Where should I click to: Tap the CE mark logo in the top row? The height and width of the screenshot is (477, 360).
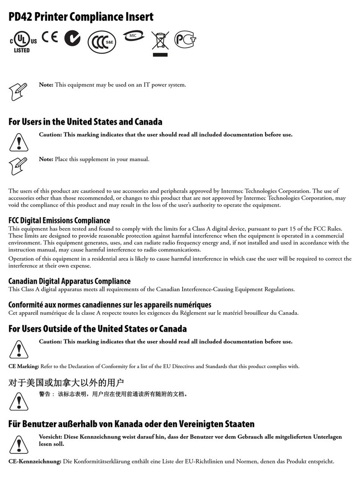click(x=50, y=37)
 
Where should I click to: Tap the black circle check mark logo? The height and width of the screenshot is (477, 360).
click(x=73, y=39)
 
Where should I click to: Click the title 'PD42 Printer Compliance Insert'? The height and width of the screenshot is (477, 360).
click(x=81, y=17)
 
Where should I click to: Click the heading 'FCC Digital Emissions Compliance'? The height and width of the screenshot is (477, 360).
click(x=59, y=220)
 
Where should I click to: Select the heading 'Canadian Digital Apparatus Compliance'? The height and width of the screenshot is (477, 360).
click(x=70, y=281)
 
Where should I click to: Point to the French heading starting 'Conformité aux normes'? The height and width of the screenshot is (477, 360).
click(x=110, y=305)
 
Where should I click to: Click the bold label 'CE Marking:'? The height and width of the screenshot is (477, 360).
click(x=24, y=366)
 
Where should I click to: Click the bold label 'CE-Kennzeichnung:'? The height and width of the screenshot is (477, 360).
click(x=35, y=461)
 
